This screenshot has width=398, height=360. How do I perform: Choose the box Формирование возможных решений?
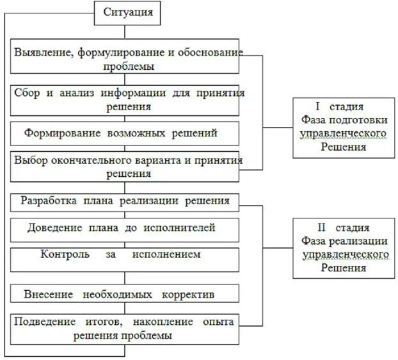point(125,133)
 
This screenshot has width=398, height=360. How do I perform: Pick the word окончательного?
point(81,160)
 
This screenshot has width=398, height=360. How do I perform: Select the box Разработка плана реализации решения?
point(125,200)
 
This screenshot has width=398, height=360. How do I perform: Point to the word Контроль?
point(61,254)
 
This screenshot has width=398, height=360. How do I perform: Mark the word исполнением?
point(168,254)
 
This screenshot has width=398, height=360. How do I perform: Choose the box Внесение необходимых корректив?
point(125,295)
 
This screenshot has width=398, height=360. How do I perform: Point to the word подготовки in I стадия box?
point(364,120)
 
